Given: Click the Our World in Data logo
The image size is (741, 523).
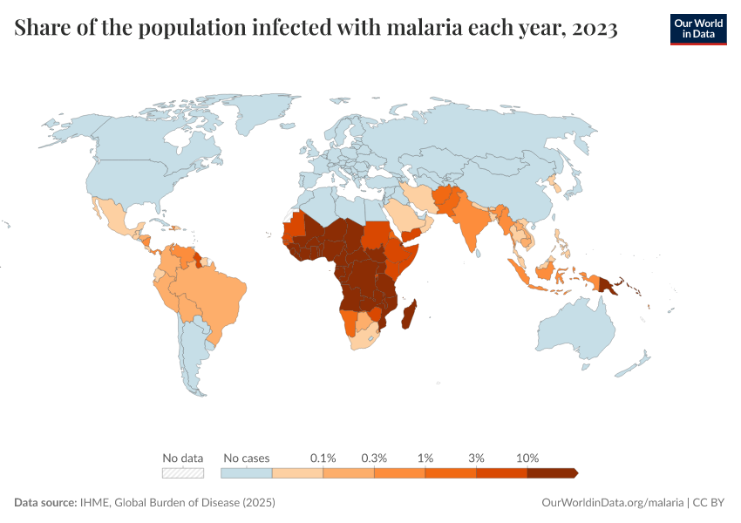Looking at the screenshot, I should coord(697,29).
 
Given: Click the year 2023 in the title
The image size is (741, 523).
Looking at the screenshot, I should coord(594,29).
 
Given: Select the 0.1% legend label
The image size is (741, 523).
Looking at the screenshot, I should coord(323,458).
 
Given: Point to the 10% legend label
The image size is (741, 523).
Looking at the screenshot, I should coord(527,458).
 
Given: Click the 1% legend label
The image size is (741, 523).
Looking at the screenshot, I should coord(425,458).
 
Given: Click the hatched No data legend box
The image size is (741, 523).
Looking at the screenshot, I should coord(182,473).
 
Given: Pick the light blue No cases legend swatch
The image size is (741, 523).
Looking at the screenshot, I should coord(247,473).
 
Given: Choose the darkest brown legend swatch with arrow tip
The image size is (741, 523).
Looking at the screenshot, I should coord(551,473).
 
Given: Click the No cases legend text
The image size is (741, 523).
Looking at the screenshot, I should coord(247,458).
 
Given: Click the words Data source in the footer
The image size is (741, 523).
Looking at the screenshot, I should coord(44,503).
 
